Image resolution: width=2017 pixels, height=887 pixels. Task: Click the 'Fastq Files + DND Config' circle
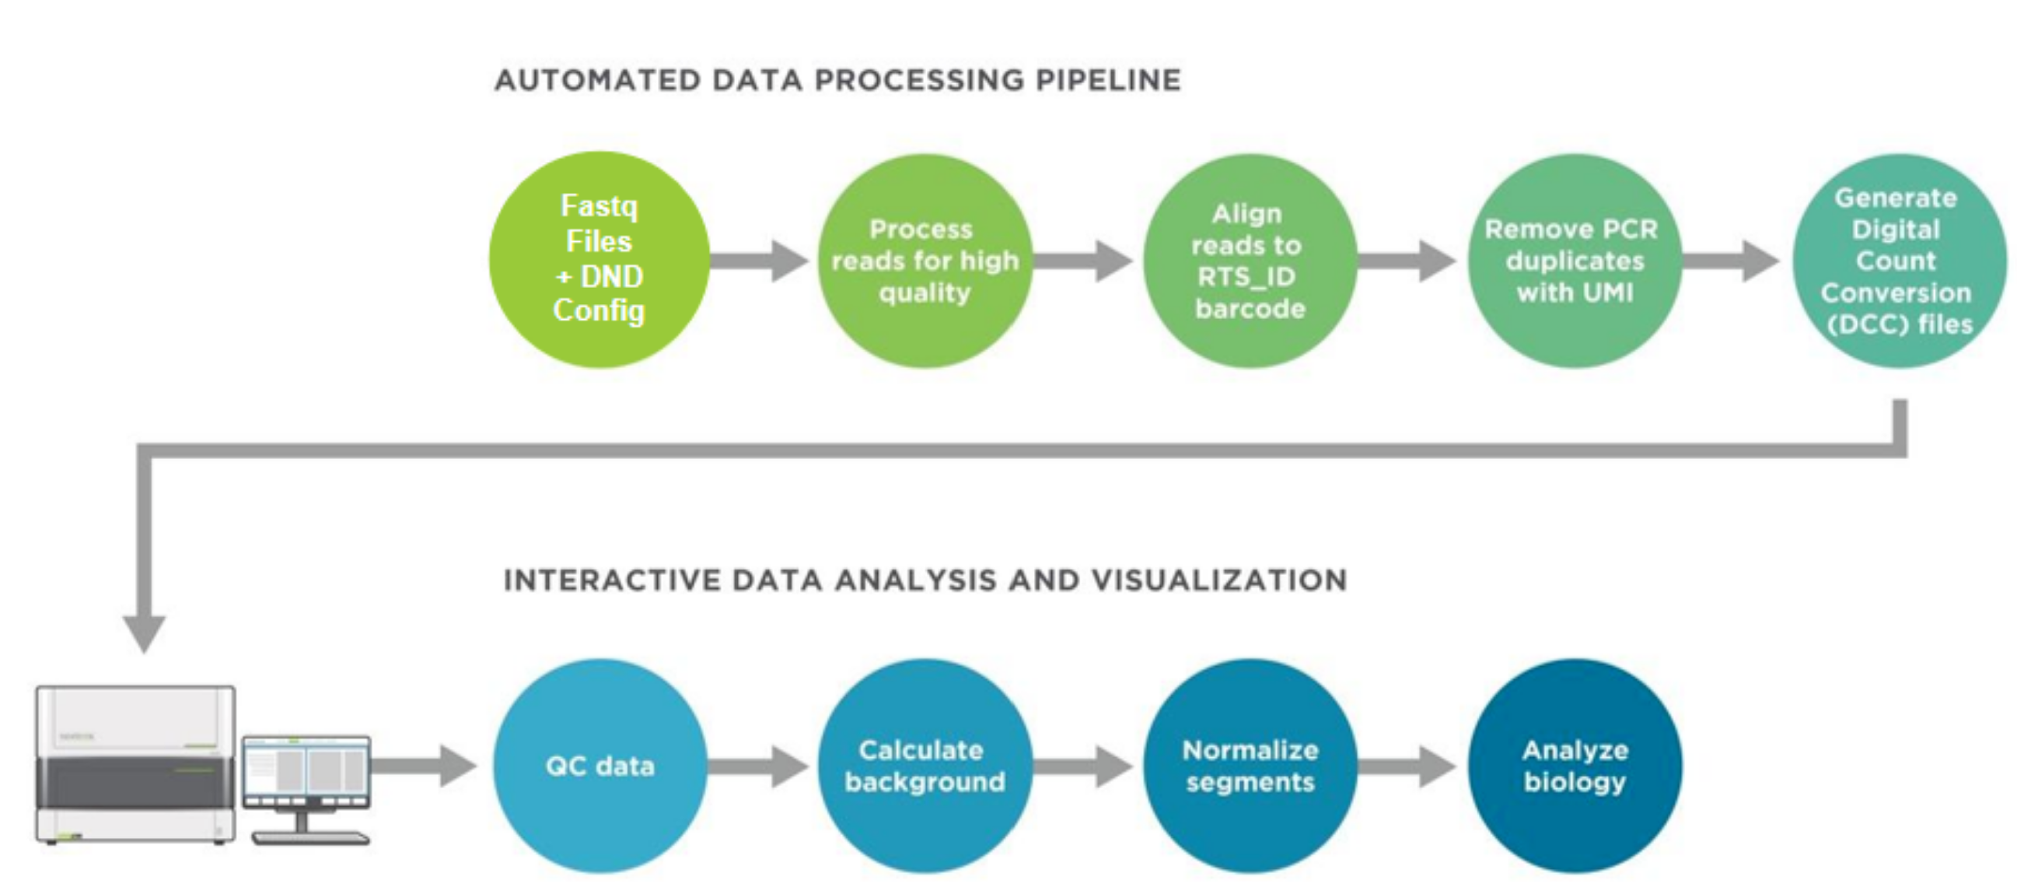(x=600, y=260)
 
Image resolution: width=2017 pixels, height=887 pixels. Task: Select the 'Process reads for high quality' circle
(x=925, y=260)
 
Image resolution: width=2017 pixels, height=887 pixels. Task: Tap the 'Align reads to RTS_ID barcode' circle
(x=1250, y=260)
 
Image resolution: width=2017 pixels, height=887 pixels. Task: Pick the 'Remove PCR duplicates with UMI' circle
(x=1575, y=260)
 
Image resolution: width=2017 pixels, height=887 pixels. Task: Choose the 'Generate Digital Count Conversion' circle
(x=1900, y=260)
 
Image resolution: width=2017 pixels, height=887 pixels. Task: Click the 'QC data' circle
(x=600, y=766)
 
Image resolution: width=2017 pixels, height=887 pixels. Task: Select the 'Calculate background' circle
(x=925, y=766)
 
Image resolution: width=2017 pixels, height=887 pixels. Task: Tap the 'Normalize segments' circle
(x=1250, y=766)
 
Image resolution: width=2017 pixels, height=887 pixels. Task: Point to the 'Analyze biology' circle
(x=1575, y=766)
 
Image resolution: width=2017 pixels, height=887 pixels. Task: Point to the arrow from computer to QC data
(x=425, y=766)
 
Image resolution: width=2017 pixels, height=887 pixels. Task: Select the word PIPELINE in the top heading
(x=1109, y=80)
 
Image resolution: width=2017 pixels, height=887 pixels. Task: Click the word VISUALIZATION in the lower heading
(x=1220, y=580)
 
